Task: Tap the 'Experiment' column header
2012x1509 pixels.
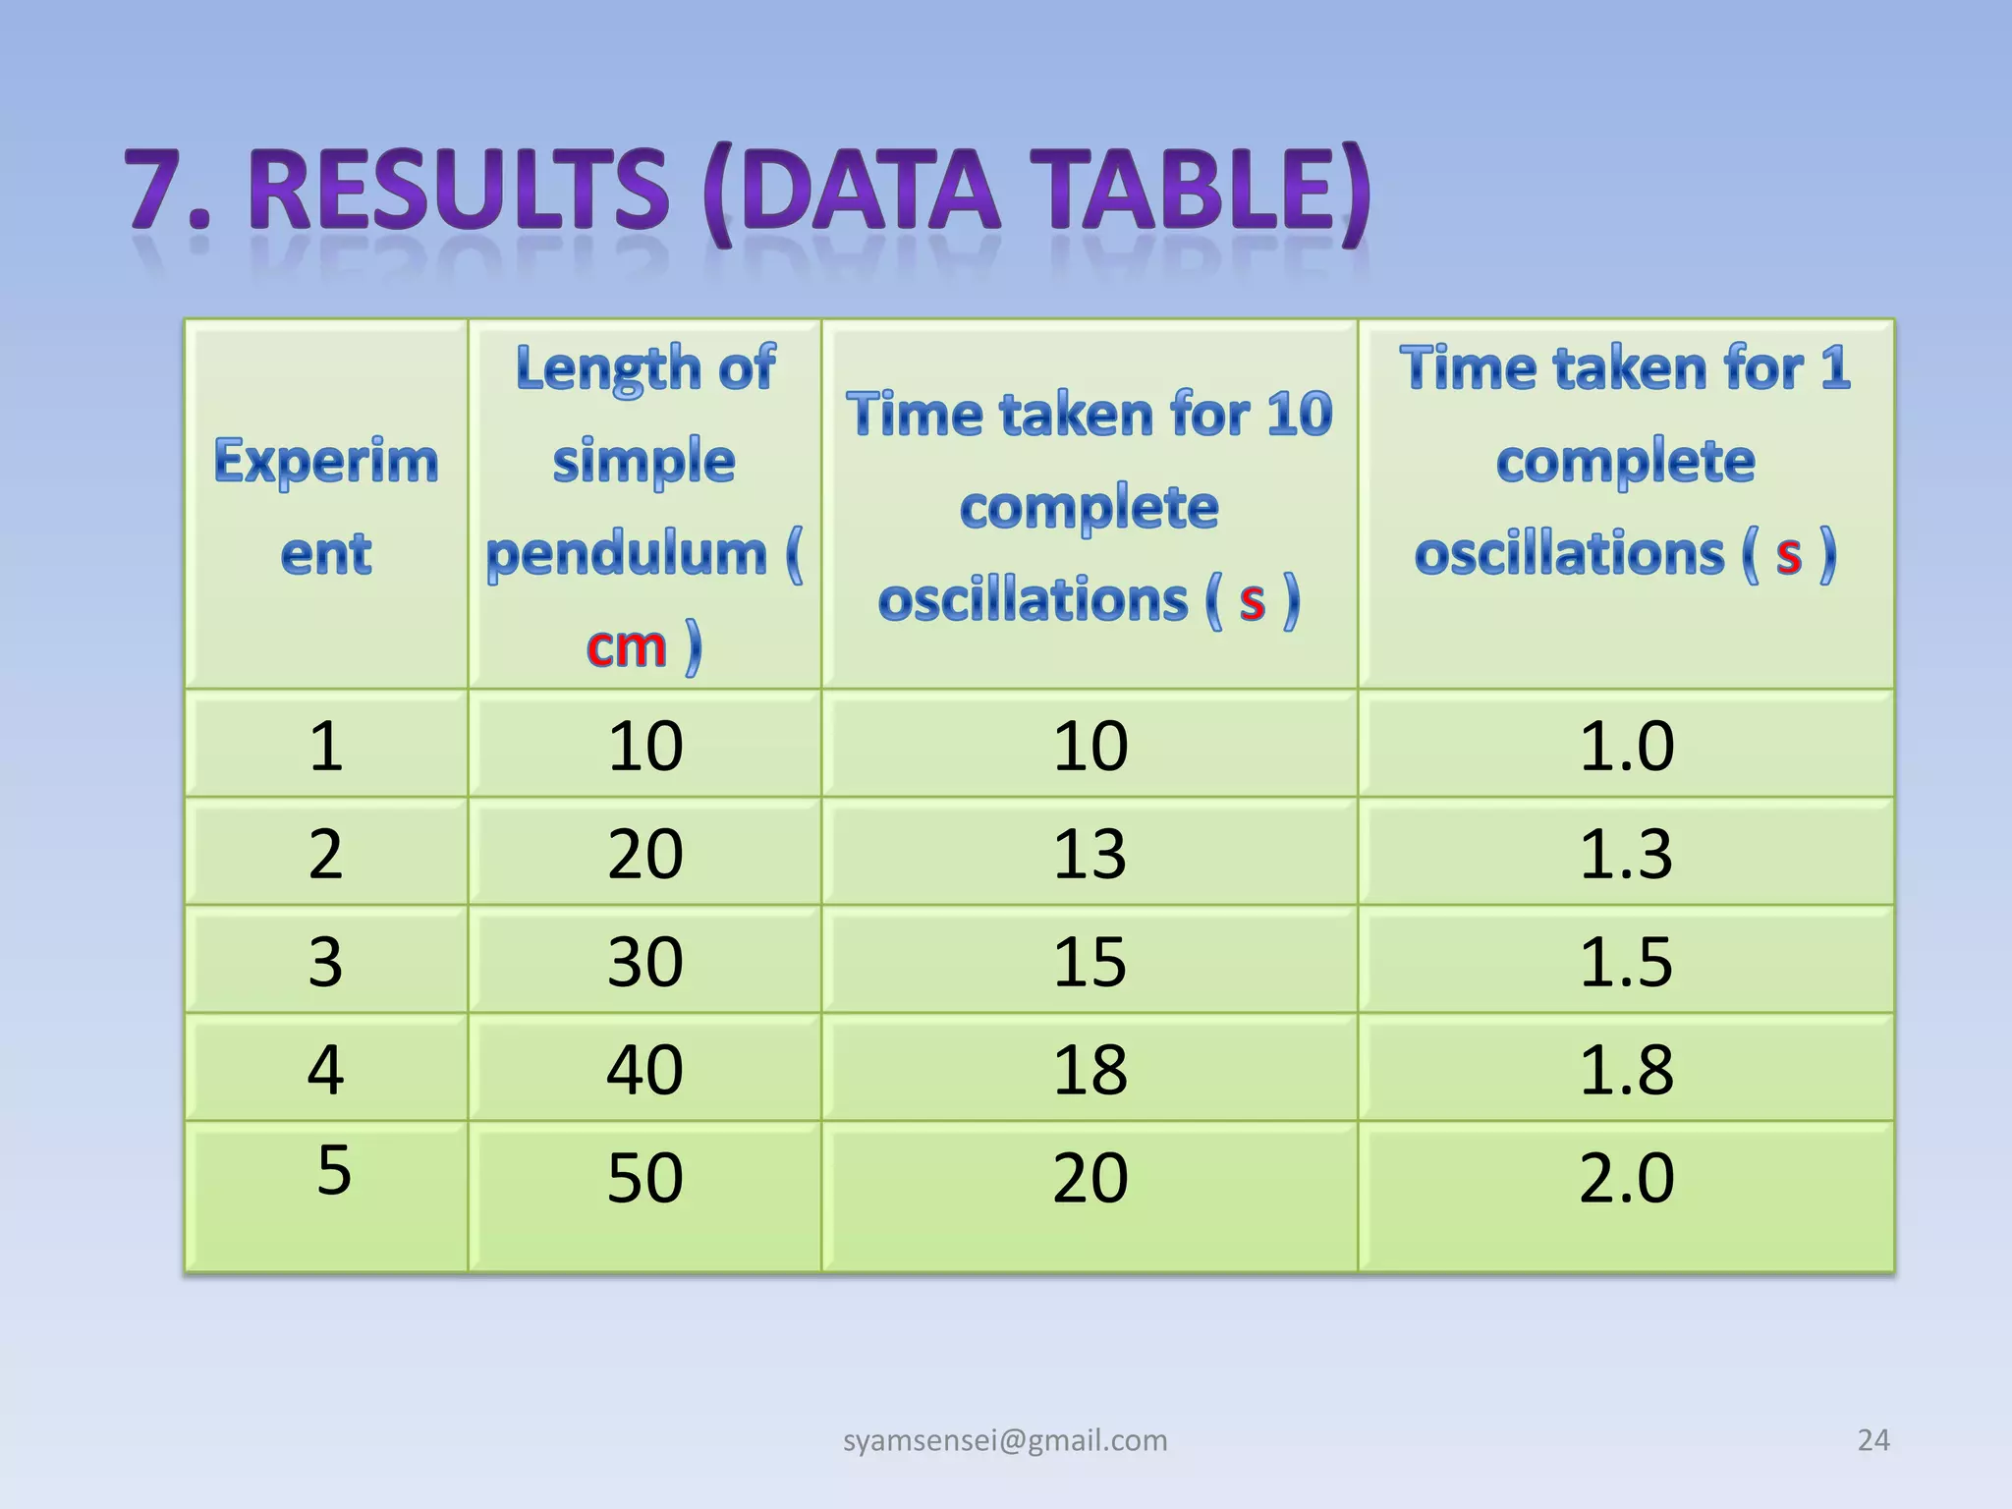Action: (326, 506)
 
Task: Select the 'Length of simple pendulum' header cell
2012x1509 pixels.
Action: (644, 506)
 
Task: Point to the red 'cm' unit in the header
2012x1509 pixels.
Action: (626, 647)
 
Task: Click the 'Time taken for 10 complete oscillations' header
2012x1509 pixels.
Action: (1090, 506)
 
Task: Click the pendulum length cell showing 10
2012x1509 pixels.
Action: (644, 746)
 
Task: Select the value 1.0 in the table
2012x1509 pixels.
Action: (1626, 746)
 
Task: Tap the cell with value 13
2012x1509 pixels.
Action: (1090, 853)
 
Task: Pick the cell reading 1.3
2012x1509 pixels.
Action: (1626, 853)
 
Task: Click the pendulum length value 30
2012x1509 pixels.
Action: (644, 961)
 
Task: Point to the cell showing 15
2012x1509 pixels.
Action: (1090, 961)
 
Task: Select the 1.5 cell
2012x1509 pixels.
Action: (1626, 961)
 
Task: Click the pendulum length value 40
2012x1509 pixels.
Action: (644, 1069)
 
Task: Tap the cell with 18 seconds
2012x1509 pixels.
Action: (1090, 1069)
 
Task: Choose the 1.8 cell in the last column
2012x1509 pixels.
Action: (1626, 1069)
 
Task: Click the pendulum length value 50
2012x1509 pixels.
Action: (644, 1177)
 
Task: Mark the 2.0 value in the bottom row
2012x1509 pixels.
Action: (1626, 1177)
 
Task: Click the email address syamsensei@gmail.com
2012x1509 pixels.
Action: (1005, 1440)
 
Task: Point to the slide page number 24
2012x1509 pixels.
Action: (1873, 1440)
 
